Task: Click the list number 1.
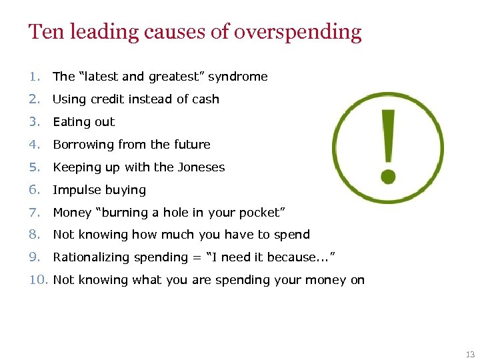coord(34,77)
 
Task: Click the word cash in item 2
coord(205,99)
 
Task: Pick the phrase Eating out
coord(83,122)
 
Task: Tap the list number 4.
coord(34,145)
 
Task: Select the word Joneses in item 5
coord(198,167)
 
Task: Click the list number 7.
coord(34,213)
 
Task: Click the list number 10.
coord(38,280)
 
